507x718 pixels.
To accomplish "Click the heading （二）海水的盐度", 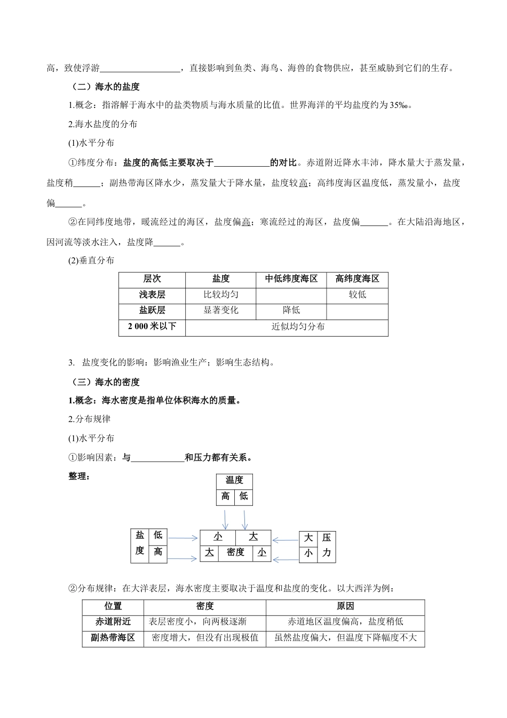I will coord(106,86).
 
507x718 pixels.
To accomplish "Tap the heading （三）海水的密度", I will coord(106,382).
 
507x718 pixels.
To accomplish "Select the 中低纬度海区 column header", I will coord(291,279).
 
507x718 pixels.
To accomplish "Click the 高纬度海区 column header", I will coord(357,279).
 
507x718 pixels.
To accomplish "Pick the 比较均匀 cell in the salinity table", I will coord(220,294).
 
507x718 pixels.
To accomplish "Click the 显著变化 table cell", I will coord(220,310).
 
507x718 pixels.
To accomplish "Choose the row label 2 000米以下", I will coord(152,326).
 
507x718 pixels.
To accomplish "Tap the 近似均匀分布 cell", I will coord(298,326).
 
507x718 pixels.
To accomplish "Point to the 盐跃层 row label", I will coord(152,310).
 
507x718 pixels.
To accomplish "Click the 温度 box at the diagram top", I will coord(234,480).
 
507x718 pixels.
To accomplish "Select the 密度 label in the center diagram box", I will coord(235,552).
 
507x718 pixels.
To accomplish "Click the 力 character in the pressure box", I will coord(327,553).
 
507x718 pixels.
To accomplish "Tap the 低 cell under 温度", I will coord(243,496).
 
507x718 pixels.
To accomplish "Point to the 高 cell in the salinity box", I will coord(158,551).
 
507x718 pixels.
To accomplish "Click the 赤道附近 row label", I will coord(113,621).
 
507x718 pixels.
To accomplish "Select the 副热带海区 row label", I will coord(113,637).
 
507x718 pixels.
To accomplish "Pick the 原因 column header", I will coord(345,606).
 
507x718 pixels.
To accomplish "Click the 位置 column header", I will coord(113,606).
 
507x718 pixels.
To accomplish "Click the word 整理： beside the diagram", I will coord(80,476).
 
